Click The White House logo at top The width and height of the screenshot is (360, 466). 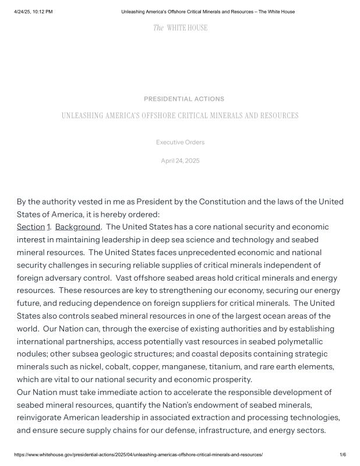(180, 27)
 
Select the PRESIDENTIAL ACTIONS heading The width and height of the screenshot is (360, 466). (184, 99)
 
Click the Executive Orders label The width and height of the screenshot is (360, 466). (180, 142)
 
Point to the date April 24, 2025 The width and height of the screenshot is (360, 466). (180, 160)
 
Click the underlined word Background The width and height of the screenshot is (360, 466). (77, 227)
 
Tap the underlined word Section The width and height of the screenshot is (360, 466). (31, 227)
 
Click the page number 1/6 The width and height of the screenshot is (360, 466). (343, 454)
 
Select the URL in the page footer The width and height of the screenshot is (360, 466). (138, 454)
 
